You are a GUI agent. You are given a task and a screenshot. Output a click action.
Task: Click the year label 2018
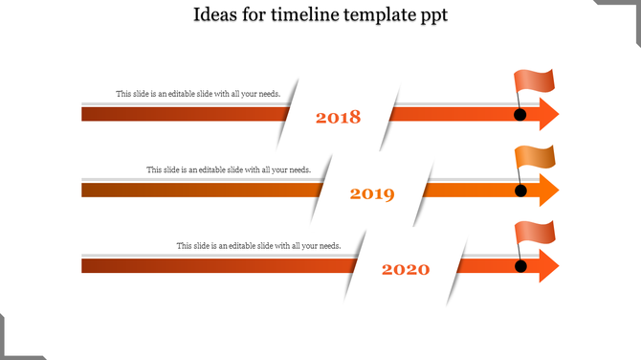pos(338,118)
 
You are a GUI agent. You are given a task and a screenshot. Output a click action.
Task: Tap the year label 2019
pos(372,194)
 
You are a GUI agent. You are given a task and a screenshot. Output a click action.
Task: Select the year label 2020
pos(406,270)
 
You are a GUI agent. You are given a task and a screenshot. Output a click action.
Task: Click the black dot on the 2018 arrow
pos(520,115)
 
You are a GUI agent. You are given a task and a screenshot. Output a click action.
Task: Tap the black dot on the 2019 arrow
pos(520,191)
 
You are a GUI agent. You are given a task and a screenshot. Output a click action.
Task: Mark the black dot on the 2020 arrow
pos(520,265)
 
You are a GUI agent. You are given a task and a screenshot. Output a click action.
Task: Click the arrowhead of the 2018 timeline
pos(548,114)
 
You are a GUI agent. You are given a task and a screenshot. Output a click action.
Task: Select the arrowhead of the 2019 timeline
pos(548,190)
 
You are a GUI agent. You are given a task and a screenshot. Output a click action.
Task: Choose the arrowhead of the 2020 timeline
pos(548,265)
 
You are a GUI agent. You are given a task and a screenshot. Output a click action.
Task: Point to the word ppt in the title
pos(433,17)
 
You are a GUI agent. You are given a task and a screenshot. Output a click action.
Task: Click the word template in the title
pos(380,16)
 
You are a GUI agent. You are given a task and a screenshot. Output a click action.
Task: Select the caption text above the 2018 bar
pos(197,94)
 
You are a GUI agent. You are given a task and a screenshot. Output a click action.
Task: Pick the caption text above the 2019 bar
pos(228,169)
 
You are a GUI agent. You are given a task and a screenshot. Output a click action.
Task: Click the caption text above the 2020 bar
pos(258,246)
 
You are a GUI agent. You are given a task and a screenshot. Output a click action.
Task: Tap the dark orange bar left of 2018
pos(182,114)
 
